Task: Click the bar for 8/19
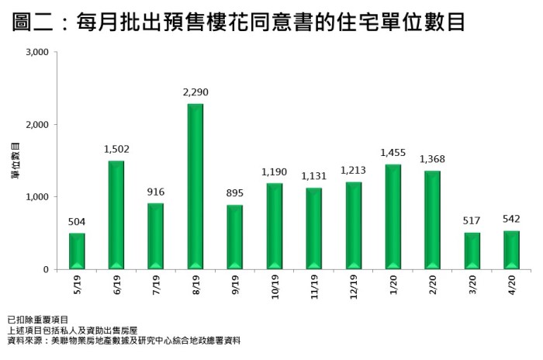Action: click(195, 186)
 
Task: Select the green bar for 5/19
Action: click(77, 251)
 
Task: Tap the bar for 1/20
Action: click(393, 216)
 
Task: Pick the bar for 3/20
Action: click(472, 251)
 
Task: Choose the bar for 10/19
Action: click(275, 226)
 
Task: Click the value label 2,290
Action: click(195, 92)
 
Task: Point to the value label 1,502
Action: click(116, 149)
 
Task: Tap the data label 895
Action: click(235, 193)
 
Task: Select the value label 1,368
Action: click(433, 159)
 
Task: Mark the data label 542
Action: click(512, 219)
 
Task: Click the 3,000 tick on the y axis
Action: click(36, 53)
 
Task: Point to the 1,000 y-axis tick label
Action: click(36, 197)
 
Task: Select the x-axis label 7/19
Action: click(156, 286)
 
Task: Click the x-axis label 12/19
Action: click(354, 289)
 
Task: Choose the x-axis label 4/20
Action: click(512, 286)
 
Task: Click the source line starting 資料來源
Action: click(123, 340)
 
